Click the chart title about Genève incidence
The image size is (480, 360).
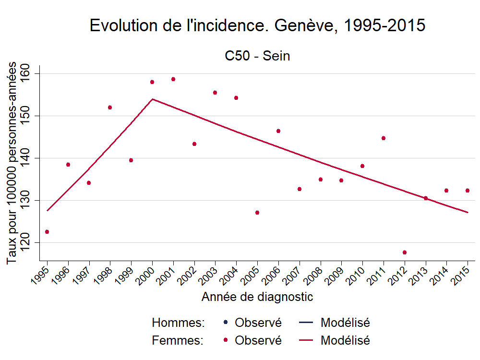[x=257, y=26]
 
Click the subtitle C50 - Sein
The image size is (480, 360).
[x=257, y=56]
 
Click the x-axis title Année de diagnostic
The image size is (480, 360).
[x=257, y=297]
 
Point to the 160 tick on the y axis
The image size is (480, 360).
[x=30, y=73]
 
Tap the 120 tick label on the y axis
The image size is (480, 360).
[x=30, y=242]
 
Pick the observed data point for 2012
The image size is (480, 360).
[x=405, y=252]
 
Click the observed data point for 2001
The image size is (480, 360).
[x=173, y=79]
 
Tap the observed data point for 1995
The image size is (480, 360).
[x=47, y=232]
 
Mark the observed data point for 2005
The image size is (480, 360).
[x=257, y=213]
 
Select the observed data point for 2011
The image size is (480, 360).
[x=384, y=138]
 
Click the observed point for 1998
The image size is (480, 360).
[x=110, y=108]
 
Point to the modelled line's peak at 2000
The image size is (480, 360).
[x=152, y=99]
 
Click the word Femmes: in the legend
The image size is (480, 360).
[x=178, y=340]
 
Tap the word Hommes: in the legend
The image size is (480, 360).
[x=178, y=323]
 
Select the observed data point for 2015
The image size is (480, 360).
[x=468, y=191]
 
